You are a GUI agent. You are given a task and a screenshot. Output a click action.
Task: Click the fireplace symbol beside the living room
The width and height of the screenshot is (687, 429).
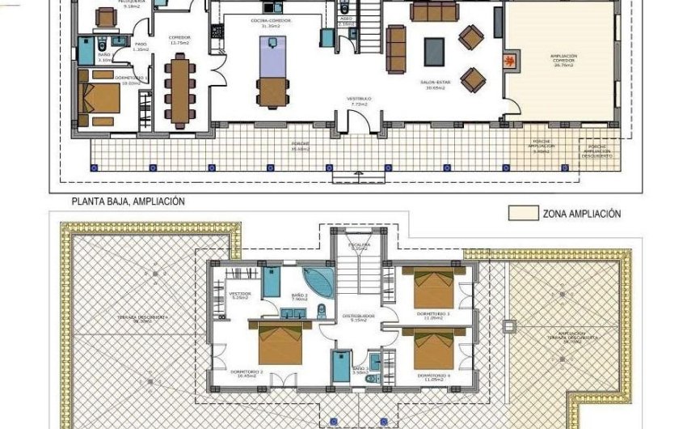[x=509, y=60]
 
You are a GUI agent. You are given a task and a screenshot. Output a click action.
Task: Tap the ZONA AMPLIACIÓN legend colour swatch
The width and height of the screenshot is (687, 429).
[x=522, y=214]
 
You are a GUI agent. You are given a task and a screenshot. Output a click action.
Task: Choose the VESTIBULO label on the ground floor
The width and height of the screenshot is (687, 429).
[x=358, y=100]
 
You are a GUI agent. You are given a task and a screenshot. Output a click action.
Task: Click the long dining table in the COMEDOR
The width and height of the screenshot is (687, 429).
[x=178, y=90]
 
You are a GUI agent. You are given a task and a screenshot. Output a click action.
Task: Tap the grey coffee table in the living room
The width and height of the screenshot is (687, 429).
[x=435, y=52]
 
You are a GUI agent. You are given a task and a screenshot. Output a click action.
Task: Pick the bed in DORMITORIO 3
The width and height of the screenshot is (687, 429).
[x=434, y=287]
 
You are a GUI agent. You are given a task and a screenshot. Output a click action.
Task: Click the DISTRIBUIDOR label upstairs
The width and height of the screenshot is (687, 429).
[x=358, y=317]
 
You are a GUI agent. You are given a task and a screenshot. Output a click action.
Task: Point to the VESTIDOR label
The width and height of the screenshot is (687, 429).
[x=240, y=294]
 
